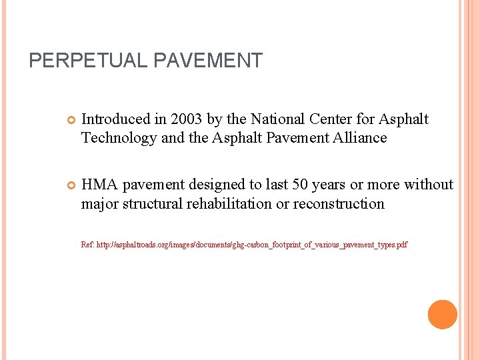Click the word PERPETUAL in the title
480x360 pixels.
pyautogui.click(x=89, y=61)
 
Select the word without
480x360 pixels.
pyautogui.click(x=428, y=185)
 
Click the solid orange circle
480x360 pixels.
pyautogui.click(x=442, y=315)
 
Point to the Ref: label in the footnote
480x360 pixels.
pyautogui.click(x=87, y=245)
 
